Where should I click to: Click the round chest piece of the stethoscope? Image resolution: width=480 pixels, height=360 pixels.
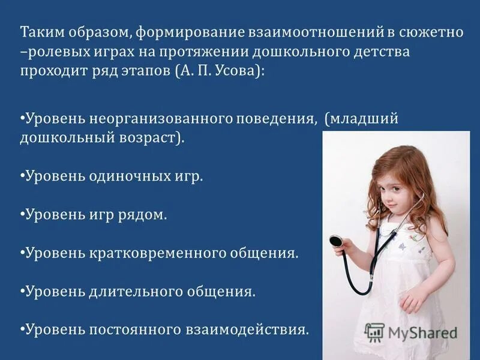click(x=336, y=241)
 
